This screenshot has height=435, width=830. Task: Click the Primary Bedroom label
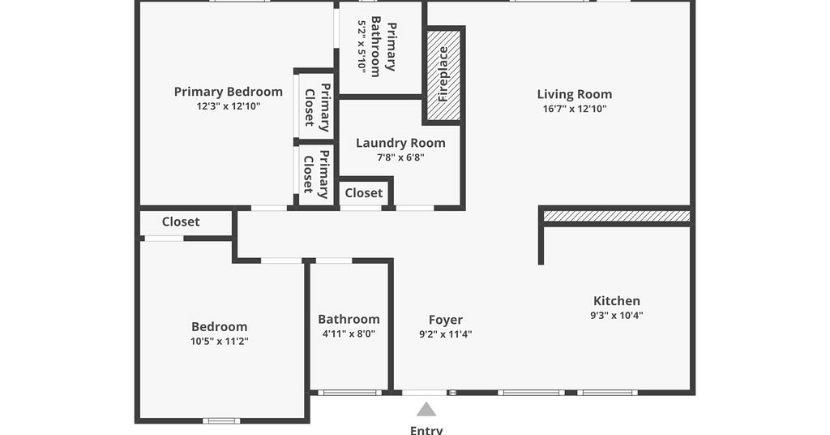(228, 92)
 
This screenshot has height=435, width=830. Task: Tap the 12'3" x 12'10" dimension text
(229, 106)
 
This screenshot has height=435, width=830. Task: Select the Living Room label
(575, 94)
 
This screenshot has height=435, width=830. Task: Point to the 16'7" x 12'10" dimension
(575, 109)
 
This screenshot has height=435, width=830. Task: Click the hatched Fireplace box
(443, 74)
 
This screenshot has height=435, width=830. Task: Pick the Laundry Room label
(400, 143)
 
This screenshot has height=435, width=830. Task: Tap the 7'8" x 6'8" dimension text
(400, 157)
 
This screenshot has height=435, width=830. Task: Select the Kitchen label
(617, 301)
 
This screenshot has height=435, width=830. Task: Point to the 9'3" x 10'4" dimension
(617, 315)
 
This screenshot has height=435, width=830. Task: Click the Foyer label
(446, 320)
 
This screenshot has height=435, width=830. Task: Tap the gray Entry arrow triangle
(426, 409)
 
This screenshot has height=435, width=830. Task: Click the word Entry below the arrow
(426, 429)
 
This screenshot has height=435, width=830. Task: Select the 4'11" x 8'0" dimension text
(349, 334)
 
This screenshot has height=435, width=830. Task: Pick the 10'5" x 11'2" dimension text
(220, 341)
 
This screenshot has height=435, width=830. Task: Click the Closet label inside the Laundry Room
(364, 193)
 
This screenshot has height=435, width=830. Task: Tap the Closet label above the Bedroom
(181, 222)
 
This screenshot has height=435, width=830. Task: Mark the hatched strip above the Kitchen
(617, 216)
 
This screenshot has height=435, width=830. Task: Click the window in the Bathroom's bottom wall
(349, 393)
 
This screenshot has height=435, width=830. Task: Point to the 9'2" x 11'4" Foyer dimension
(446, 334)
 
